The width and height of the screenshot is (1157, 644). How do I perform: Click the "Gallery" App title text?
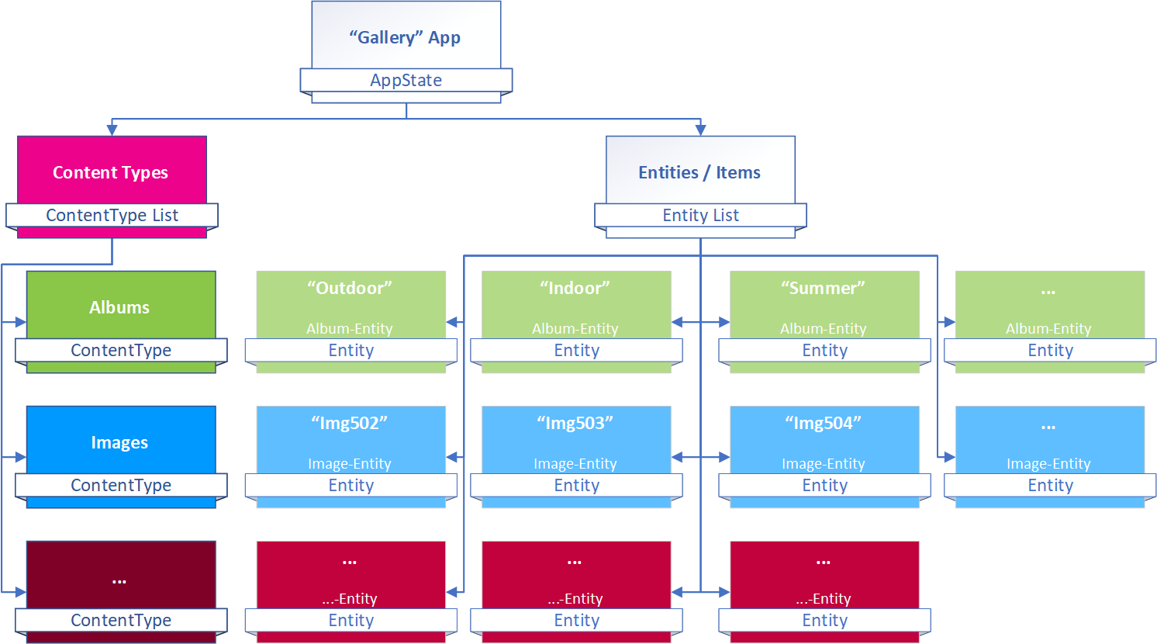(x=405, y=38)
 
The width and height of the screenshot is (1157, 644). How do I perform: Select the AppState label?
(x=406, y=80)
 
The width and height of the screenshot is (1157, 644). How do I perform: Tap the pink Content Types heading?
(x=111, y=172)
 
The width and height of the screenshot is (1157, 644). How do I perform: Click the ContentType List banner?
(x=112, y=215)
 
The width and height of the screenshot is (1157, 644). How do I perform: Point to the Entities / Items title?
(x=699, y=172)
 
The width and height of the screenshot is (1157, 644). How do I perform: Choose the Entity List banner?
(x=700, y=215)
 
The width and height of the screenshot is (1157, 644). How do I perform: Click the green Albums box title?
(x=119, y=307)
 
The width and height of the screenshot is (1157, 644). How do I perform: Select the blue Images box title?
(x=119, y=442)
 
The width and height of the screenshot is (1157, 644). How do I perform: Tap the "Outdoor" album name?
(x=350, y=288)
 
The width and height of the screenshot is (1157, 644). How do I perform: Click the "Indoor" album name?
(x=575, y=288)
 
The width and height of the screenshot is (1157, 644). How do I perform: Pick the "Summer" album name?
(x=823, y=288)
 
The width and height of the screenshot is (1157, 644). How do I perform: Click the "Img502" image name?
(x=350, y=424)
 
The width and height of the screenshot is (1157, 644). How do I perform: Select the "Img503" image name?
(x=575, y=424)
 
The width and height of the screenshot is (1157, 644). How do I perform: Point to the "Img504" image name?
(x=824, y=424)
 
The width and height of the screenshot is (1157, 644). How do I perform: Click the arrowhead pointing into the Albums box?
(x=21, y=323)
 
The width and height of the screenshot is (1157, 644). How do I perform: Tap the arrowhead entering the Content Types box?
(x=112, y=130)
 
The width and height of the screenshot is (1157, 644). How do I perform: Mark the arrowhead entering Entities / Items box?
(x=700, y=130)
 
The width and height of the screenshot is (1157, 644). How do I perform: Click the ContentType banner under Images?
(x=122, y=485)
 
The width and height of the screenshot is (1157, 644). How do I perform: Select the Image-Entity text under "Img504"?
(x=824, y=464)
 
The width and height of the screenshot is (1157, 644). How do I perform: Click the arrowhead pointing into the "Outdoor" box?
(x=451, y=323)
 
